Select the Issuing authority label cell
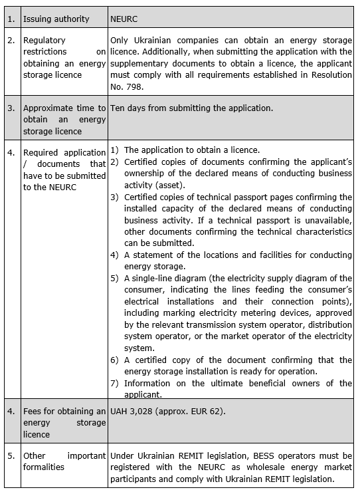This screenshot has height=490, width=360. (x=56, y=19)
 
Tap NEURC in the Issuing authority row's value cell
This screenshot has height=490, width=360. (x=124, y=19)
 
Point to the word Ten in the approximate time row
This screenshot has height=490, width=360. (x=118, y=107)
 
